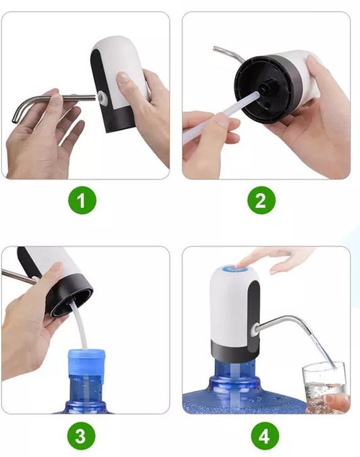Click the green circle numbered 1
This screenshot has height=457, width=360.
pyautogui.click(x=82, y=200)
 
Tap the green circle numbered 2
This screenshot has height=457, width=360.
pyautogui.click(x=261, y=200)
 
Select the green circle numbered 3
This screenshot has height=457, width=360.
pyautogui.click(x=81, y=436)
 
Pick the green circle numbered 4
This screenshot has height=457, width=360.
pyautogui.click(x=265, y=436)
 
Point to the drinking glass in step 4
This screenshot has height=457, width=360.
pyautogui.click(x=324, y=387)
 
